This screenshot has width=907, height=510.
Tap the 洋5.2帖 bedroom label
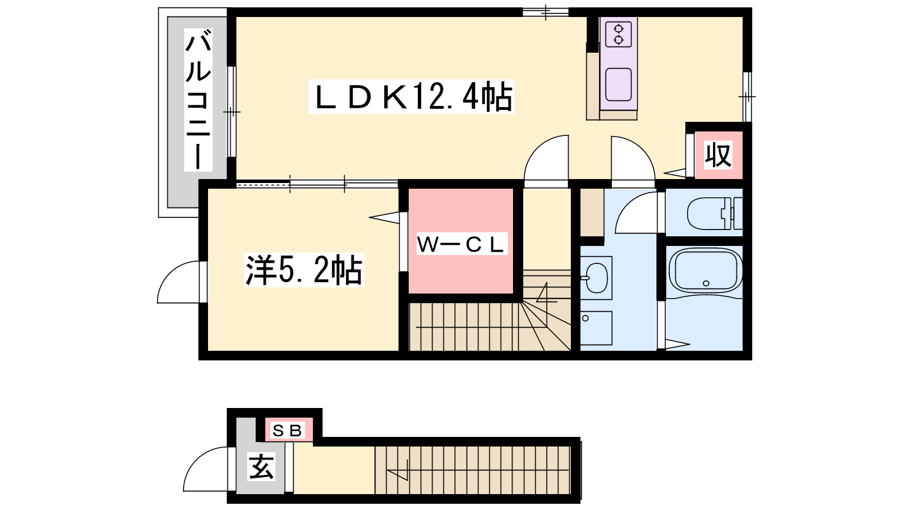(x=304, y=270)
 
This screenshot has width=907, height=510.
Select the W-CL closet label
(x=461, y=244)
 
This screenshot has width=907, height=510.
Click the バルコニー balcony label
(x=198, y=100)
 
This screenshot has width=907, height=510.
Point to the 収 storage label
(x=718, y=155)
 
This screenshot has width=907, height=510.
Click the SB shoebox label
(x=287, y=430)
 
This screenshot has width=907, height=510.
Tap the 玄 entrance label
(x=261, y=467)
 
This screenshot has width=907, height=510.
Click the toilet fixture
(x=715, y=212)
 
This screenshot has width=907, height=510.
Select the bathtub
(x=706, y=271)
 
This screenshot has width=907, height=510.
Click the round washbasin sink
(x=597, y=278)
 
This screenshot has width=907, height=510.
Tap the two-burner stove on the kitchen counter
(x=618, y=34)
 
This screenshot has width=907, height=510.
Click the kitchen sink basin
(x=618, y=84)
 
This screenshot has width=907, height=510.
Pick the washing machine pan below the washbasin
(x=596, y=328)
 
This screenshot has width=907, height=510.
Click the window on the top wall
(x=545, y=12)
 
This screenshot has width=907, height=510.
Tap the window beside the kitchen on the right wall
(x=747, y=97)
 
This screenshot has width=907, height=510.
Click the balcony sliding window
(x=232, y=111)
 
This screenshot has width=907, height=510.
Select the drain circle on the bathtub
(x=706, y=283)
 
